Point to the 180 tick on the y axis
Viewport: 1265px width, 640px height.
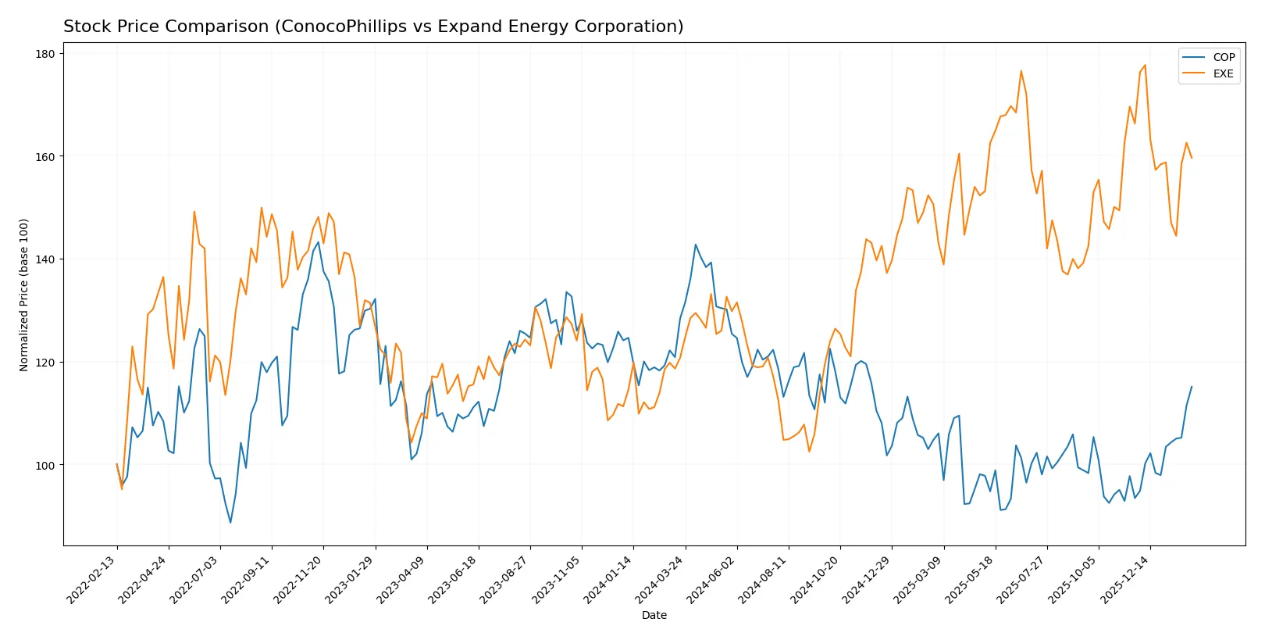point(45,54)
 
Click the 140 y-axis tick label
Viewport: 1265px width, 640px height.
point(45,259)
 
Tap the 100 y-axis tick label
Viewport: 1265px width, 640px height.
point(45,465)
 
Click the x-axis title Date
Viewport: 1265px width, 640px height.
point(654,615)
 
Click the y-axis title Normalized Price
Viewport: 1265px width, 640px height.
point(24,295)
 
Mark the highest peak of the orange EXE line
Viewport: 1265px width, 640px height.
point(1145,66)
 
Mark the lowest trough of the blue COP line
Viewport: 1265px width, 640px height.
point(230,522)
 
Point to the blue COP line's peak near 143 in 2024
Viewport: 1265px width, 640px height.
point(696,245)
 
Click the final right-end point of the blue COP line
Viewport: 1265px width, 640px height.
point(1192,387)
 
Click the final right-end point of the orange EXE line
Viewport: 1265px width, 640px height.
point(1192,158)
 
